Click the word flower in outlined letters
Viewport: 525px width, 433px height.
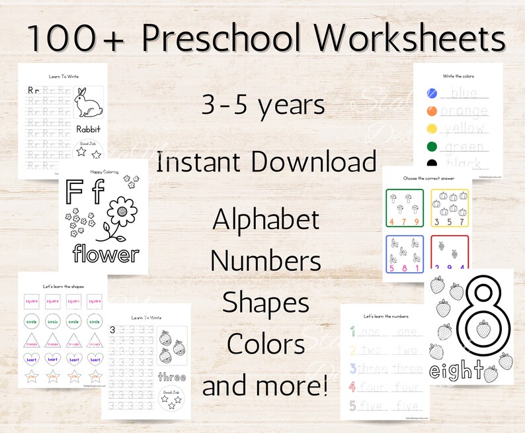[106, 253]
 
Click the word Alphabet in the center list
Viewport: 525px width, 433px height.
[266, 220]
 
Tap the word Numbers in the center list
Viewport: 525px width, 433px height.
[266, 261]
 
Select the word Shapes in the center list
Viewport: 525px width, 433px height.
[266, 303]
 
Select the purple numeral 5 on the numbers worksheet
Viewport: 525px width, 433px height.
[354, 403]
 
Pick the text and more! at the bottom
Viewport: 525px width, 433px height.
[266, 386]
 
